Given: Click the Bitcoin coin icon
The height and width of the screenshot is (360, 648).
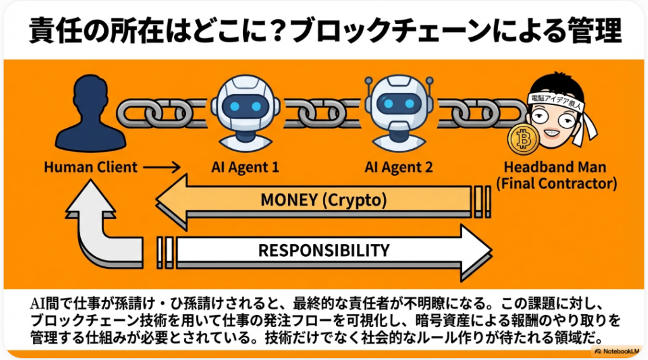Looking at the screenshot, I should click(523, 140).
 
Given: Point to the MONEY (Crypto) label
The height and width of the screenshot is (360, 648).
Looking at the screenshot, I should click(323, 201).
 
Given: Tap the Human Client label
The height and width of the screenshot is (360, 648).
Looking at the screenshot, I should click(90, 168).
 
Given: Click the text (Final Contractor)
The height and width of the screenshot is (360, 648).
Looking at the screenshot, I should click(555, 184).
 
